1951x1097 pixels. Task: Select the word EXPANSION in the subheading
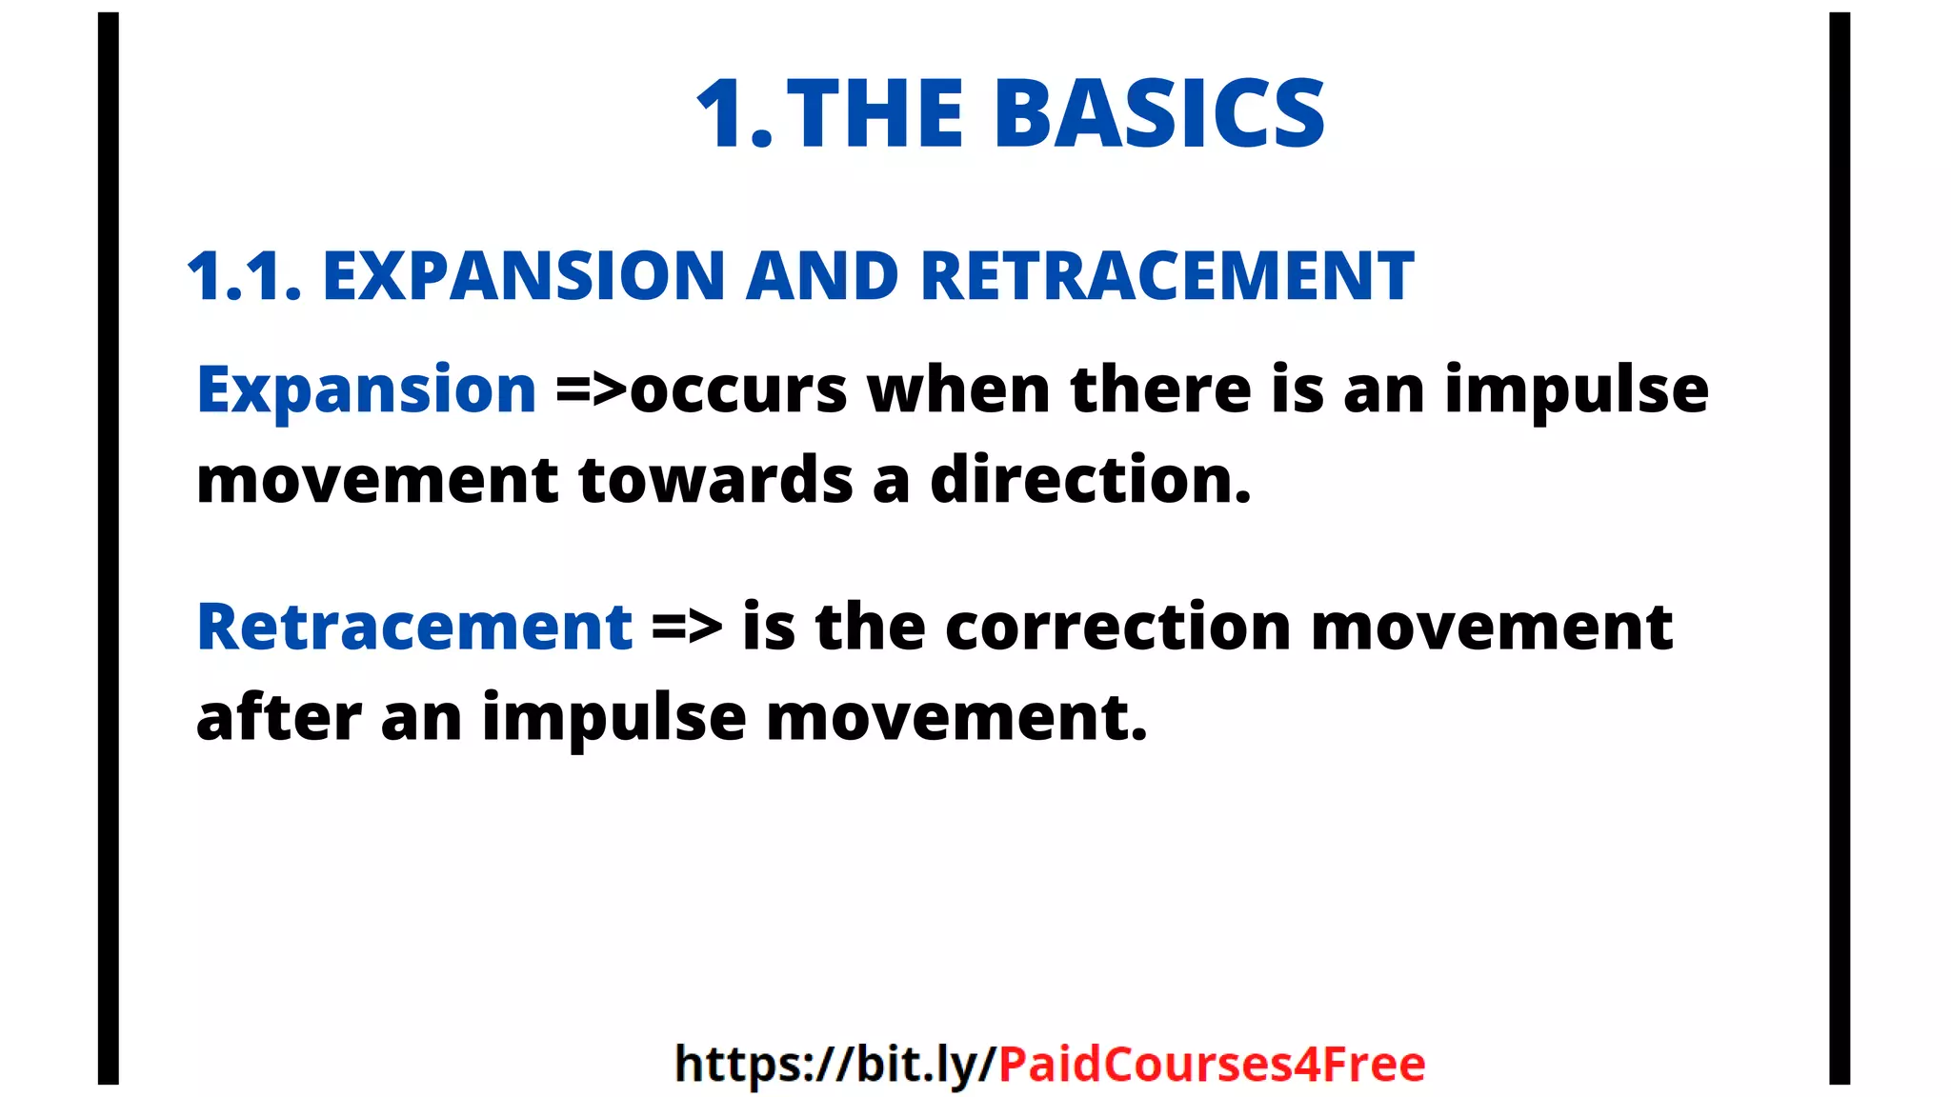(x=524, y=277)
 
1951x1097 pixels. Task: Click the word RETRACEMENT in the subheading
(x=1166, y=277)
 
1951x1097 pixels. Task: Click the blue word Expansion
(x=367, y=390)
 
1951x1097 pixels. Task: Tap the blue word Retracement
(x=414, y=628)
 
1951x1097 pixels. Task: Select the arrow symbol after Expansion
(x=592, y=390)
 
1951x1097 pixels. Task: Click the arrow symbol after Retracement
(x=687, y=628)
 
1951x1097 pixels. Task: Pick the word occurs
(x=738, y=390)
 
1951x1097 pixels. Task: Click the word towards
(x=714, y=480)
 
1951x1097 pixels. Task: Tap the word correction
(x=1118, y=628)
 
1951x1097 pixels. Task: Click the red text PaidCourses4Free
(x=1211, y=1064)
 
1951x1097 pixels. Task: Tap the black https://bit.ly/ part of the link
(x=835, y=1064)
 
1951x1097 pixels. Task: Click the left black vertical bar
(x=109, y=548)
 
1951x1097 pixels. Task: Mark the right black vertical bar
(x=1840, y=548)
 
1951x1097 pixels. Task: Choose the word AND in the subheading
(x=822, y=277)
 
